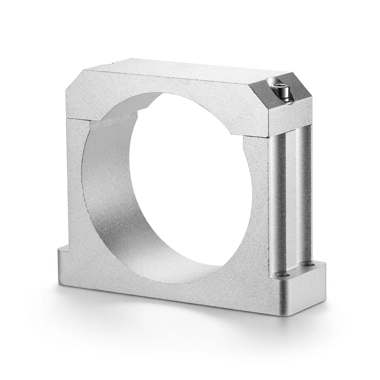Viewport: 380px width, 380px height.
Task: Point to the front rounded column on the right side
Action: (x=280, y=202)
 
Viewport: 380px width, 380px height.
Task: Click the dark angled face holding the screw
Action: (x=279, y=97)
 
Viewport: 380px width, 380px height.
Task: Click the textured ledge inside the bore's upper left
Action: (x=116, y=124)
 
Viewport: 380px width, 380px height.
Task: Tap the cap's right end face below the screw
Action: (x=289, y=116)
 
